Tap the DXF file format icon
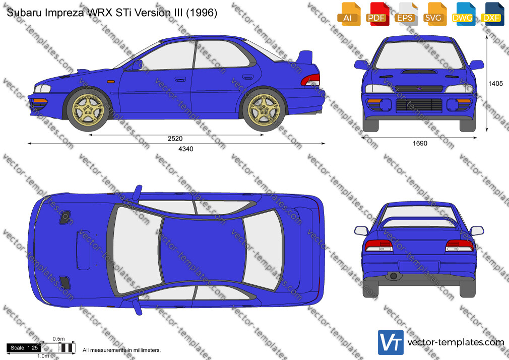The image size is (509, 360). [x=492, y=14]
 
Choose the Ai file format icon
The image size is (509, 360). [x=349, y=14]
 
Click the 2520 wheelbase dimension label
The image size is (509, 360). [x=175, y=139]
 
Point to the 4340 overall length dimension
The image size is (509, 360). [x=185, y=149]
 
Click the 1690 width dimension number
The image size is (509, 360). [x=420, y=143]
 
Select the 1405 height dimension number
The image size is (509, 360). [x=495, y=84]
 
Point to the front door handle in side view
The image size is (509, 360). [x=180, y=79]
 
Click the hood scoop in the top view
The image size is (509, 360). [x=83, y=250]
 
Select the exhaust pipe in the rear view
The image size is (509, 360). [x=393, y=276]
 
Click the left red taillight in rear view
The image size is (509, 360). [x=378, y=246]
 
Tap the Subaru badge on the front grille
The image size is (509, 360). [x=419, y=88]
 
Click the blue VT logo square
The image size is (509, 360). [x=391, y=342]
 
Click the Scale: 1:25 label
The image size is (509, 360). [x=24, y=348]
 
